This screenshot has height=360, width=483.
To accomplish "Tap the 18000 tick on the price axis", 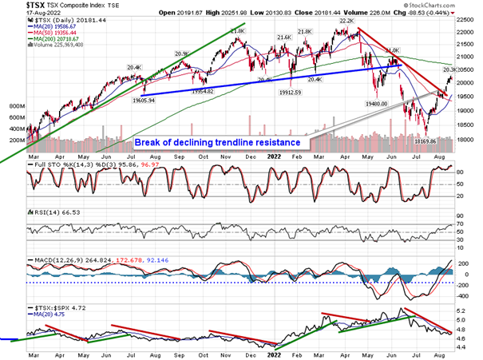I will pyautogui.click(x=465, y=138).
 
